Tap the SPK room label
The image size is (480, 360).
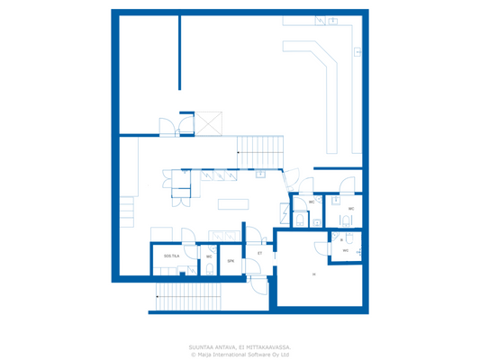pyautogui.click(x=231, y=261)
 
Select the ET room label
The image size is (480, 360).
pyautogui.click(x=259, y=254)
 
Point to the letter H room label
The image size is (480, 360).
pyautogui.click(x=314, y=274)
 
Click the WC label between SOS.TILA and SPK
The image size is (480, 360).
pyautogui.click(x=209, y=257)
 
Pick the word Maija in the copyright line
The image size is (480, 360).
pyautogui.click(x=204, y=354)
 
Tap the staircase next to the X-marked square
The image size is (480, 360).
pyautogui.click(x=259, y=148)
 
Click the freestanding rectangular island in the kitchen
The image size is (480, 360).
pyautogui.click(x=231, y=202)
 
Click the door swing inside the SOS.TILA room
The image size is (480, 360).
pyautogui.click(x=188, y=237)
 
